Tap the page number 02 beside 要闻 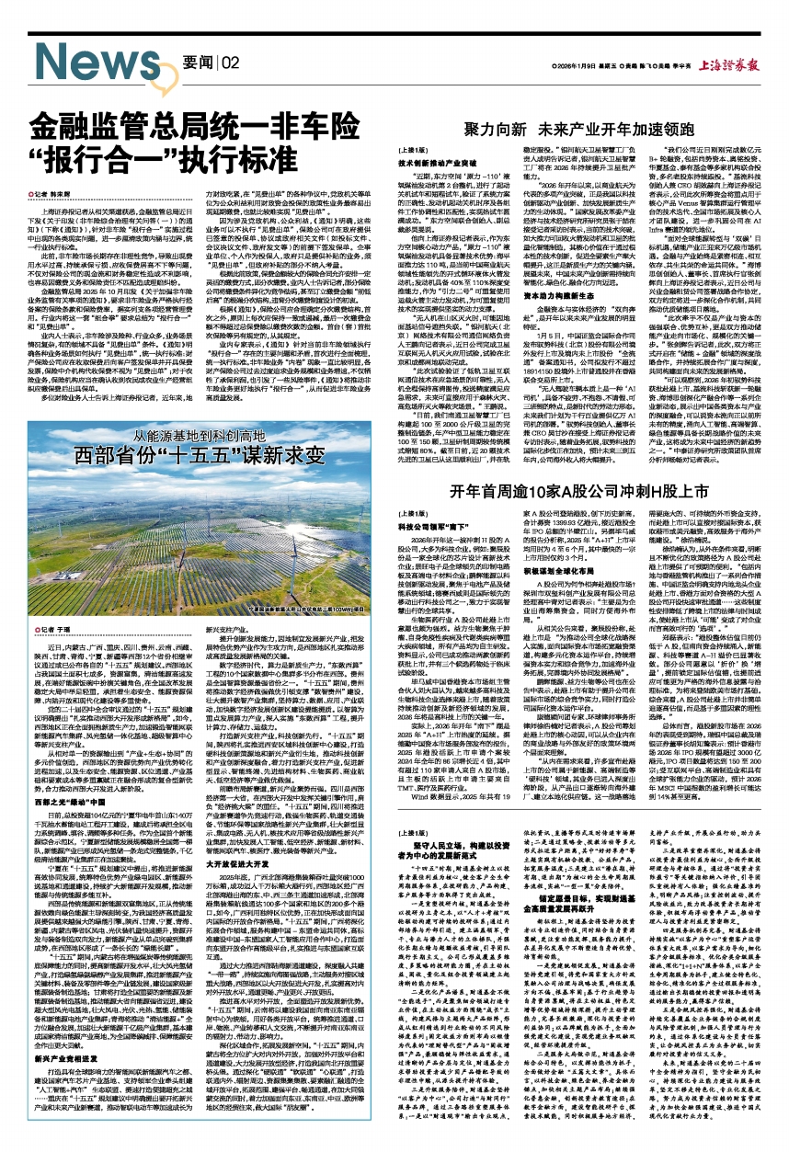pyautogui.click(x=231, y=63)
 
